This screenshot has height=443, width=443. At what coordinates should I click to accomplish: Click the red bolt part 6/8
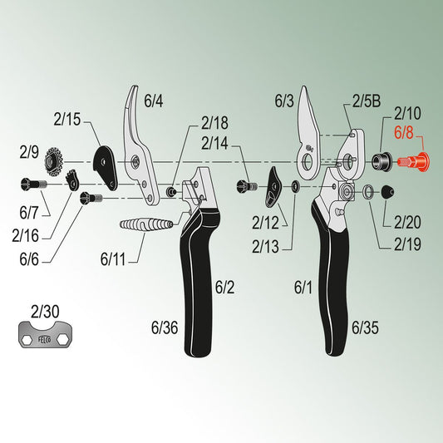click(413, 162)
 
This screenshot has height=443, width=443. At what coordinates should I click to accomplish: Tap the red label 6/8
click(404, 132)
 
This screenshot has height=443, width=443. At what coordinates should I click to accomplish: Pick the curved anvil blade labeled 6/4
click(140, 147)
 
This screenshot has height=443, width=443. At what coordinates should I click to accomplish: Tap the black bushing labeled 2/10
click(381, 162)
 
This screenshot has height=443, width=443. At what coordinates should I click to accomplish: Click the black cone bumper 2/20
click(387, 192)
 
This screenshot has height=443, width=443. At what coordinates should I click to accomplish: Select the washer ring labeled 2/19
click(367, 192)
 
